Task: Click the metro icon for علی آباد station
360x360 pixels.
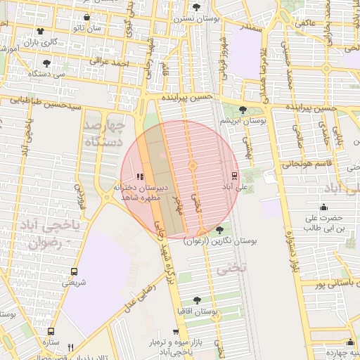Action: [234, 176]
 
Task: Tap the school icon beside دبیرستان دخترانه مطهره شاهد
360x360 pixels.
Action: [140, 176]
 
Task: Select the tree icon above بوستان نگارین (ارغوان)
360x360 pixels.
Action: [220, 230]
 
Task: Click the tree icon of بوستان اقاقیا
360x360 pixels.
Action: [205, 300]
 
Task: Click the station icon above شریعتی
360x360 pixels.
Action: [74, 271]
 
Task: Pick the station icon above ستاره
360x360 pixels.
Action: [50, 331]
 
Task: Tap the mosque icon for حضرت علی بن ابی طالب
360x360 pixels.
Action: [323, 207]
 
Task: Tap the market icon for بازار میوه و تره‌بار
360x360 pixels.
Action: [176, 332]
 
